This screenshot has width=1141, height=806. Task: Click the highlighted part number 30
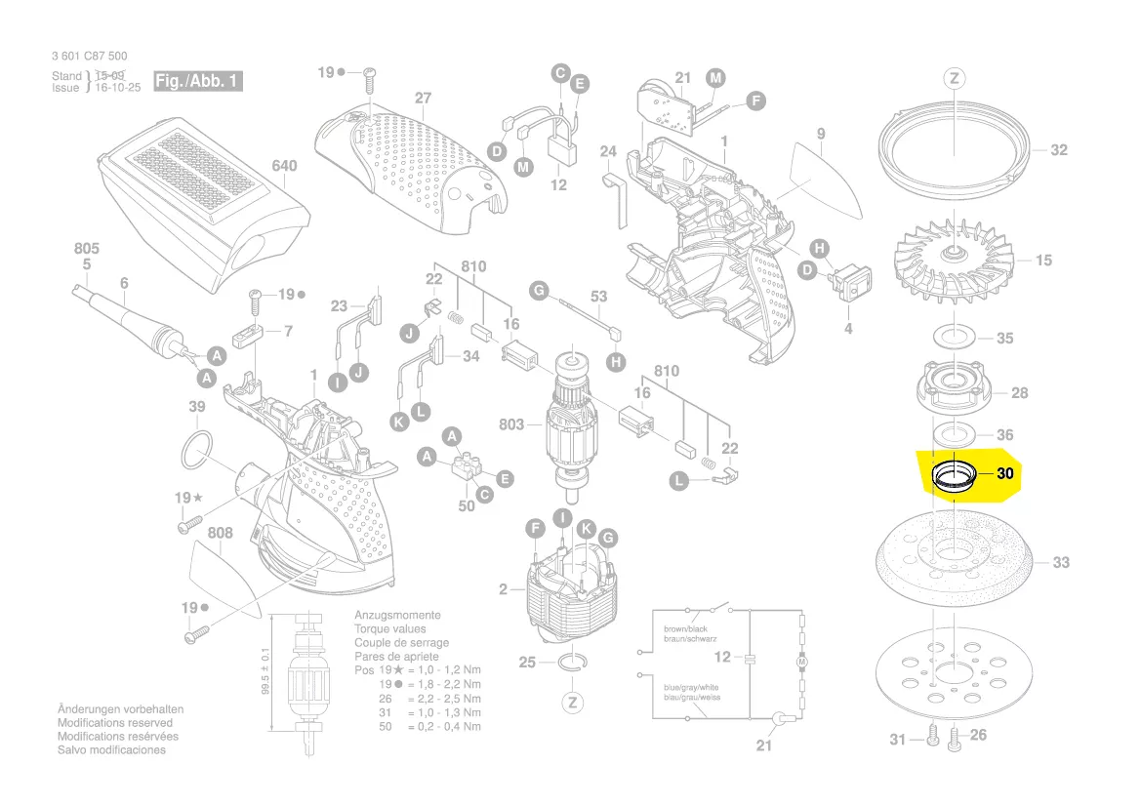tap(1006, 473)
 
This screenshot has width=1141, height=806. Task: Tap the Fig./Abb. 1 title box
tap(197, 81)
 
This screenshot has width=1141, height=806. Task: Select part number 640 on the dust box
tap(283, 167)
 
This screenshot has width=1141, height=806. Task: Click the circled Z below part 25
tap(573, 703)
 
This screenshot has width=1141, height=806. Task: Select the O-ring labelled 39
tap(198, 452)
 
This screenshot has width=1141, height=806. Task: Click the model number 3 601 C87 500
tap(89, 57)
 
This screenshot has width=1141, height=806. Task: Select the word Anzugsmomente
tap(397, 616)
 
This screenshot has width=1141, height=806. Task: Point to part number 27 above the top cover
tap(422, 99)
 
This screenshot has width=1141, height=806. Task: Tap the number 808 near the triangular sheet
tap(221, 533)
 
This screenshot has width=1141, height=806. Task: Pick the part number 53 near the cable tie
tap(598, 297)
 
